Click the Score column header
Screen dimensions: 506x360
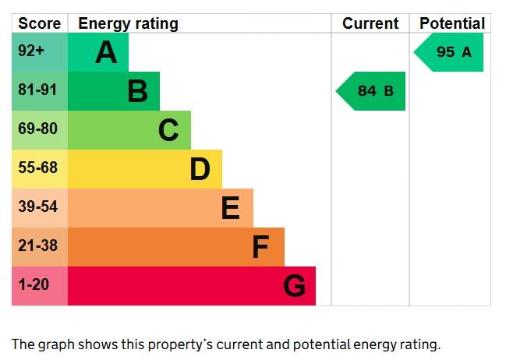pos(39,23)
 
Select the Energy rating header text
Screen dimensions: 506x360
pos(128,24)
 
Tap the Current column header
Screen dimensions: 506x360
pos(370,23)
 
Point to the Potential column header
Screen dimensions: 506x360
pos(452,23)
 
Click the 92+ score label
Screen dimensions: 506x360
pos(31,51)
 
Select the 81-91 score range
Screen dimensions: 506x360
pos(37,90)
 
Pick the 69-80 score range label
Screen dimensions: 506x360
pos(37,129)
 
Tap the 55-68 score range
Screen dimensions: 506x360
pos(37,168)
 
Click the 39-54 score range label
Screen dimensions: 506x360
pos(37,206)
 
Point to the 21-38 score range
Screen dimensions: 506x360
pos(37,245)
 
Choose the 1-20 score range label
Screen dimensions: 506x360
pos(34,285)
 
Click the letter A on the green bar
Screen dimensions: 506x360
pos(106,52)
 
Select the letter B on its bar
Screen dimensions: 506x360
pos(138,91)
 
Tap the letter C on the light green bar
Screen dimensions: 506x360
pos(168,130)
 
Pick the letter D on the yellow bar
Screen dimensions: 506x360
pos(200,169)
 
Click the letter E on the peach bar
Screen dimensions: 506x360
pos(231,208)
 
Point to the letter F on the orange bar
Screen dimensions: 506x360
pos(260,247)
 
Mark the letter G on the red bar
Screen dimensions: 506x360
pos(294,286)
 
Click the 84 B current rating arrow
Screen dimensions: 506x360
pos(370,91)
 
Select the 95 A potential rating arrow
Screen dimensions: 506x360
pos(448,52)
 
